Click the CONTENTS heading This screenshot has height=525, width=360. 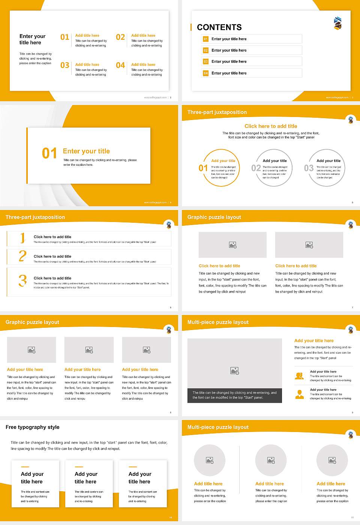[219, 27]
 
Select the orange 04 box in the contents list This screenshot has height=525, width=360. [205, 73]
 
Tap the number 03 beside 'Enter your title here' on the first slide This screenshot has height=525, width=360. [65, 65]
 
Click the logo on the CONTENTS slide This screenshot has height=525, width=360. [337, 23]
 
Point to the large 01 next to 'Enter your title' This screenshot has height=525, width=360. [49, 153]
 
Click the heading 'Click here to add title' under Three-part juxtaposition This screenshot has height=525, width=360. [271, 126]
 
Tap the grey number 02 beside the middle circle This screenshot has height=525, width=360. [256, 168]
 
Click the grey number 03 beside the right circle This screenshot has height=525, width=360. [309, 168]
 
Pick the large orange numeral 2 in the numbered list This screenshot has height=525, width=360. [22, 256]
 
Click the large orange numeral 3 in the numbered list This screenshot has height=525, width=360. [22, 280]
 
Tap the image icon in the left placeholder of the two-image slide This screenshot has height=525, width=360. [232, 245]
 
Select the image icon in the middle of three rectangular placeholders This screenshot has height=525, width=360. [89, 350]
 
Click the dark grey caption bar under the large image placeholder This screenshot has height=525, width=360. [234, 395]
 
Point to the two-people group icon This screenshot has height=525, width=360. [299, 376]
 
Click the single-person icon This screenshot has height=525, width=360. [299, 394]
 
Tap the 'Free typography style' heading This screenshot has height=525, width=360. [33, 427]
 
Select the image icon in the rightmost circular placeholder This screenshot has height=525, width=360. [332, 460]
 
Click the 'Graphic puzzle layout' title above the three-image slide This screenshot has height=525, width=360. [32, 322]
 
